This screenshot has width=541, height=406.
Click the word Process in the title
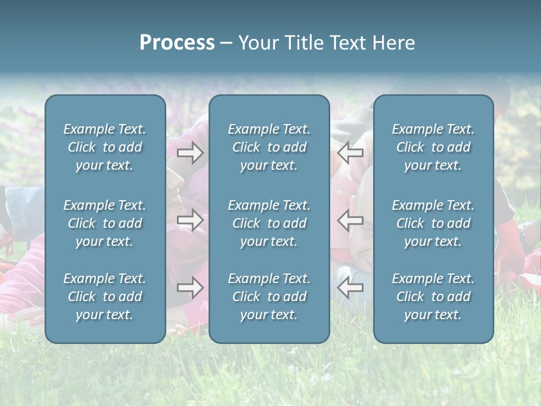[177, 43]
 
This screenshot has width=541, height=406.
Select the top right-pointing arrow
[190, 153]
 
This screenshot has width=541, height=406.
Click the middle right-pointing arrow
[190, 220]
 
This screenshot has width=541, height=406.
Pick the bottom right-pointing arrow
[190, 288]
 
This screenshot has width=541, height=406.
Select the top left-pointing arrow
[351, 153]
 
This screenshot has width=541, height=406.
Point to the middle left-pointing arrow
[351, 220]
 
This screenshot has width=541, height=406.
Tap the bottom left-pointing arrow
[351, 288]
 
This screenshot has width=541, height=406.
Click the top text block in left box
[105, 147]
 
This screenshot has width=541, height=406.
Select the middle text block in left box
[105, 223]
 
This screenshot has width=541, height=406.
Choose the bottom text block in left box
[105, 297]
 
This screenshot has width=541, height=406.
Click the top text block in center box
[269, 147]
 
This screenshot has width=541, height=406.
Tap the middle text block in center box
[269, 223]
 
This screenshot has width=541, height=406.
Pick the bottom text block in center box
[269, 297]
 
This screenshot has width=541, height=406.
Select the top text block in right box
[433, 147]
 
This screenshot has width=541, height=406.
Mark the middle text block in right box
[433, 223]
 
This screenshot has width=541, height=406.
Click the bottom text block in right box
[433, 297]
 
